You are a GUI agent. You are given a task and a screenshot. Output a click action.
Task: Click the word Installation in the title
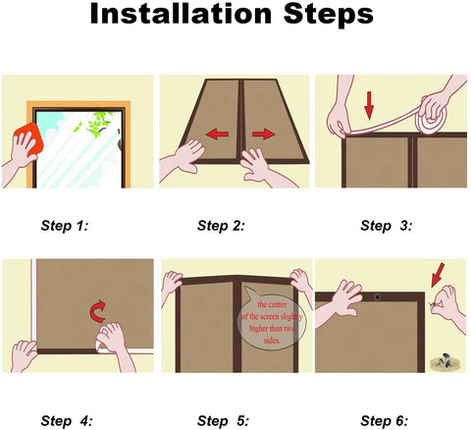tap(181, 14)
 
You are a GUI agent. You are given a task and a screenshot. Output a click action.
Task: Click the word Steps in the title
tap(329, 15)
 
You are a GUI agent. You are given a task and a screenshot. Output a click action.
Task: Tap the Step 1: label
tap(65, 226)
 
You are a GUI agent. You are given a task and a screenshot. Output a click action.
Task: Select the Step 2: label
tap(221, 226)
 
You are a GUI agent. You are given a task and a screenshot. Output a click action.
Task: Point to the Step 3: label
tap(387, 226)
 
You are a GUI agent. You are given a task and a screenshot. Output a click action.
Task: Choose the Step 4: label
tap(67, 421)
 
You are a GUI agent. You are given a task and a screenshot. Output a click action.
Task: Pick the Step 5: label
tap(223, 421)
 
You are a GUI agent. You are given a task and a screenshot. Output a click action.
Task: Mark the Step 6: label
tap(385, 421)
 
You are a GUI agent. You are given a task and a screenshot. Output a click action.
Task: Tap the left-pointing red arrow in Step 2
tap(217, 134)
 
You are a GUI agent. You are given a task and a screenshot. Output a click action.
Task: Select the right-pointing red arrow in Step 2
tap(263, 134)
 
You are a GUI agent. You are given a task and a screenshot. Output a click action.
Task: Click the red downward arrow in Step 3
tap(369, 105)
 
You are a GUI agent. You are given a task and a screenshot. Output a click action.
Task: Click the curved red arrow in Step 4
tap(98, 311)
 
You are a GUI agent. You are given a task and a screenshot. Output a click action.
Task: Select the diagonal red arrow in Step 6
tap(438, 275)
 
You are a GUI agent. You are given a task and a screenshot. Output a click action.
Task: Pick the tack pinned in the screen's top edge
tap(378, 297)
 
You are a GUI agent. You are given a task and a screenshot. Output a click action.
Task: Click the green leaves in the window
tap(97, 124)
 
